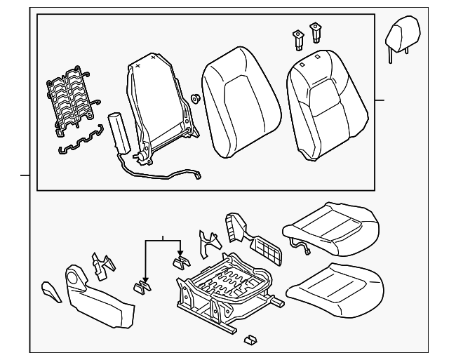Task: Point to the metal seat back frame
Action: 157,105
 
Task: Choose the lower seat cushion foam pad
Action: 337,286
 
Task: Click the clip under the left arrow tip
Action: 142,286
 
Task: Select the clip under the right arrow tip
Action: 182,261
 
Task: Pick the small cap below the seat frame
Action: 248,340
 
